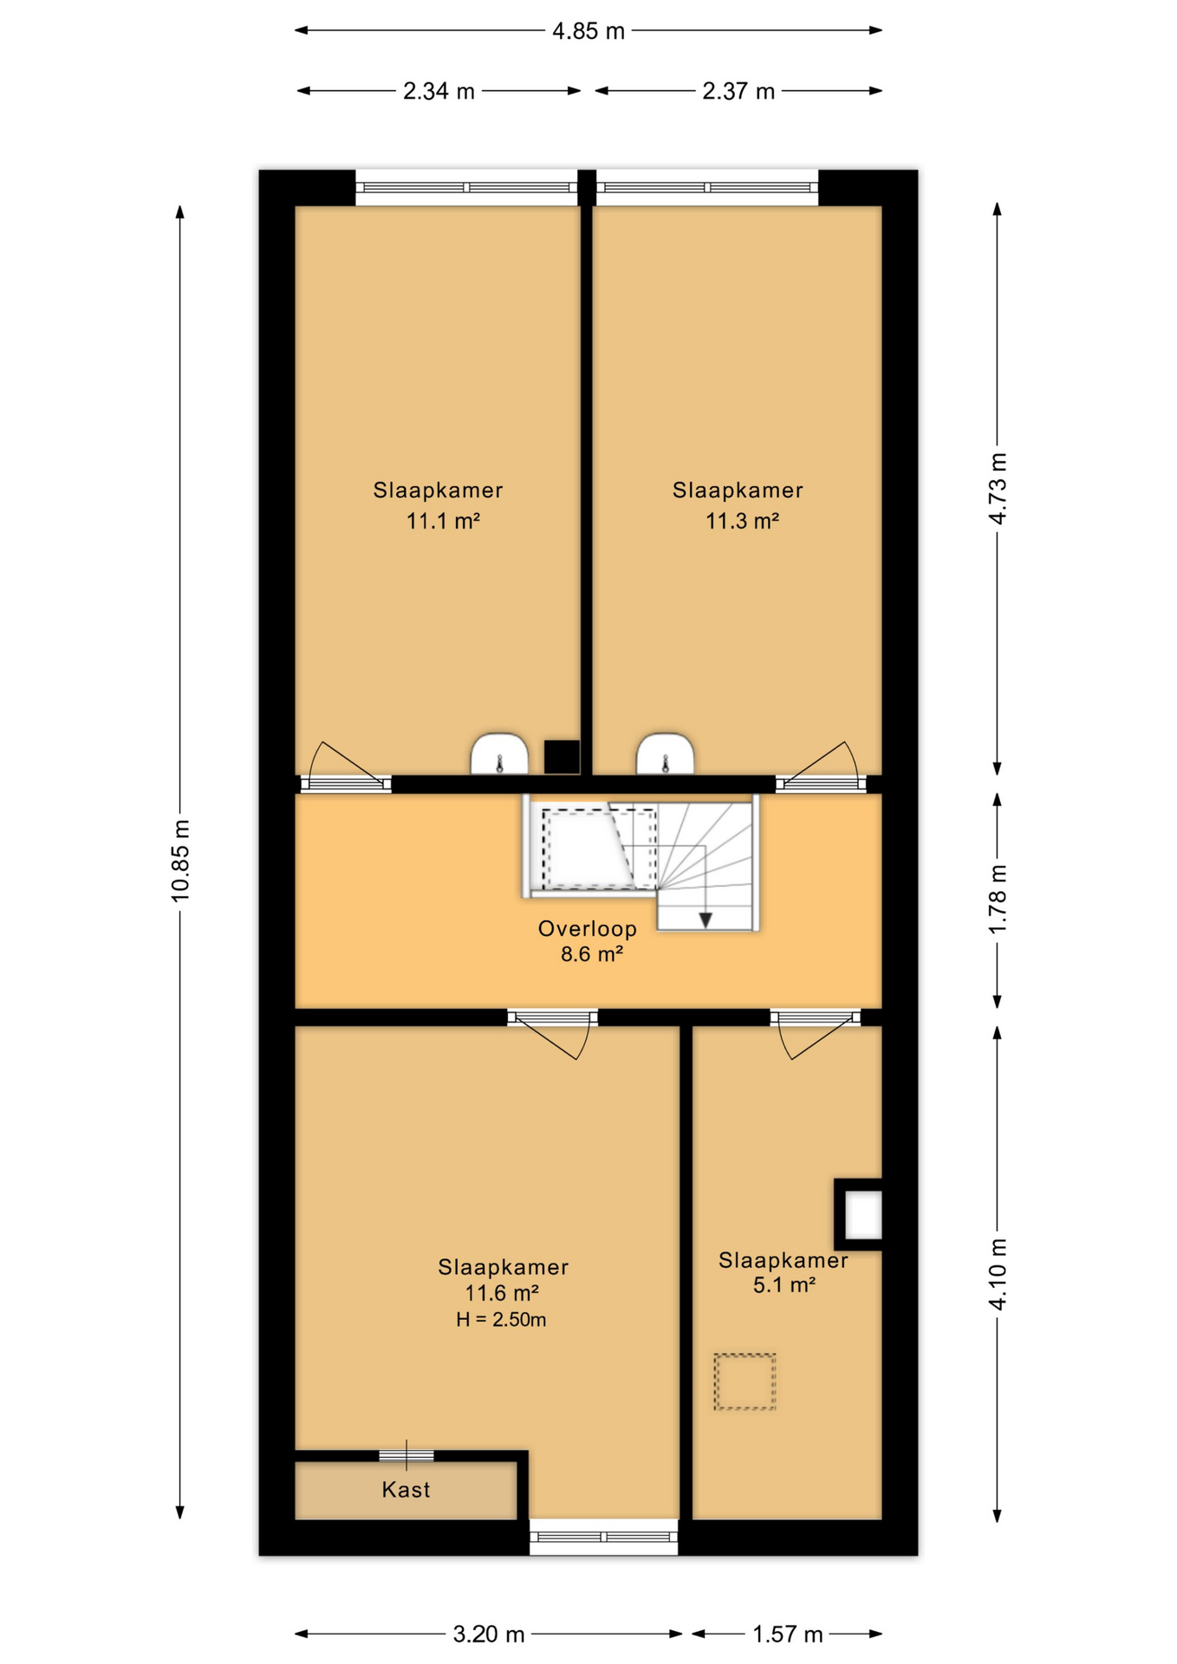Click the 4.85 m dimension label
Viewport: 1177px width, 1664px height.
pos(588,31)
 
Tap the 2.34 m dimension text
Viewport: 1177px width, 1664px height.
pos(439,91)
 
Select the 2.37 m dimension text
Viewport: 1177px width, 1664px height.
pos(738,91)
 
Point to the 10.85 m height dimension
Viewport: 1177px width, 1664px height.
pos(180,861)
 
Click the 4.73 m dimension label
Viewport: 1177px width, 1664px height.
pos(998,488)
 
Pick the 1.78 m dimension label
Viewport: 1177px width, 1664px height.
pos(998,900)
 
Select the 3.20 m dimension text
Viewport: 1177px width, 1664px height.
pos(489,1635)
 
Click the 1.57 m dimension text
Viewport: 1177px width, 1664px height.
pos(787,1635)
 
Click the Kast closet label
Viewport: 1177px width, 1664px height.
pos(406,1490)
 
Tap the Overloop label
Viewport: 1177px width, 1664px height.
pos(588,928)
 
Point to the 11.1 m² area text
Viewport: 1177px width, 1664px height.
pos(443,521)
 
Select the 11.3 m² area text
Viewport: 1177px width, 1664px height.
pos(742,521)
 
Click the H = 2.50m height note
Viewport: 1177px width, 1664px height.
pos(501,1320)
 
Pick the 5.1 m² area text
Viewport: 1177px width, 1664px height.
pos(784,1285)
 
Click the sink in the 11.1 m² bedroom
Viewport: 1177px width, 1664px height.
pos(499,754)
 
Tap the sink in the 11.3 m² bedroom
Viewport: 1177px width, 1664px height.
pos(665,754)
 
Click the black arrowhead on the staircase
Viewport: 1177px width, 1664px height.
pos(706,920)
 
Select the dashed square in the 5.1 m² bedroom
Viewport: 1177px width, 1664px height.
pos(745,1382)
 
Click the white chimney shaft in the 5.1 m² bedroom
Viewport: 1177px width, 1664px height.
pos(863,1215)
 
